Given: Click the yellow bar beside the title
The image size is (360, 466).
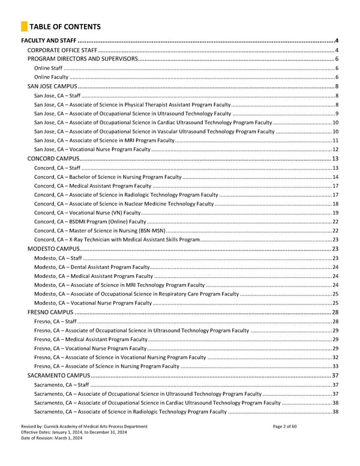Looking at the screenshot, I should click(23, 26).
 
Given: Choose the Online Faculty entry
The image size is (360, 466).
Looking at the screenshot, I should click(51, 77).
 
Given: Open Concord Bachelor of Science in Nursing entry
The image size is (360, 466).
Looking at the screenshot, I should click(107, 177).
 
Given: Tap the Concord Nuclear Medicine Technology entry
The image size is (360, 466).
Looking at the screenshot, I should click(124, 204).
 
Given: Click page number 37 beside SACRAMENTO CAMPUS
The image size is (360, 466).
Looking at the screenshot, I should click(335, 375).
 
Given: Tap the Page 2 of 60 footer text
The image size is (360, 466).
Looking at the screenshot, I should click(289, 426).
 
